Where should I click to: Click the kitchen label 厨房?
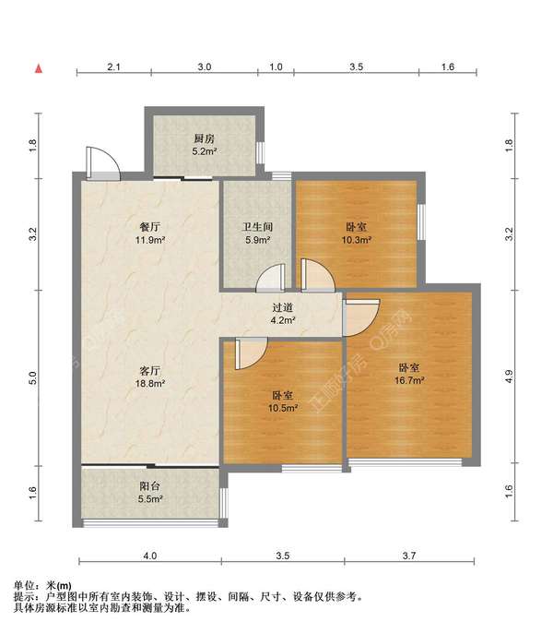point(204,138)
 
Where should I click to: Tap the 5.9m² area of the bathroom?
point(258,240)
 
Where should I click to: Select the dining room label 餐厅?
point(149,227)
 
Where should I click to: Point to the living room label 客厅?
point(149,370)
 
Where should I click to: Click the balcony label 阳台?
point(150,486)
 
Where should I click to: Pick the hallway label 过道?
point(282,307)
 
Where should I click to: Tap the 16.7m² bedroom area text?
point(409,380)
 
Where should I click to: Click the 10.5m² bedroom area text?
point(283,408)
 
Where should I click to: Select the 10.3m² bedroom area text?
point(357,240)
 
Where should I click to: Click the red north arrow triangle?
point(39,68)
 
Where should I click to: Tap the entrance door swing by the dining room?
point(103,163)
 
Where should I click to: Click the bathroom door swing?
point(271,278)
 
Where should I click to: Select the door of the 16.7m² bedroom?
point(360,317)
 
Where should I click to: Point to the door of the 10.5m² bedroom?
point(252,353)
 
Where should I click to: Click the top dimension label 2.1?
point(113,66)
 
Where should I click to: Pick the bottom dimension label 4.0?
point(150,556)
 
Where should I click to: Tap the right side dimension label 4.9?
point(509,377)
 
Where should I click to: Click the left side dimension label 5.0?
point(33,378)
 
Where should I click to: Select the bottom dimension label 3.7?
point(409,556)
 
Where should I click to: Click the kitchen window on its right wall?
point(261,152)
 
